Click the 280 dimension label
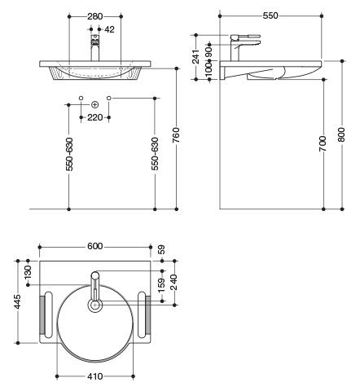pyautogui.click(x=94, y=16)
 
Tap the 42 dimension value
pyautogui.click(x=109, y=29)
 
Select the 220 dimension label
pyautogui.click(x=94, y=117)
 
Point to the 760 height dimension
pyautogui.click(x=176, y=135)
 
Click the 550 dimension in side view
pyautogui.click(x=270, y=15)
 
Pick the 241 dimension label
pyautogui.click(x=195, y=56)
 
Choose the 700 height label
pyautogui.click(x=323, y=143)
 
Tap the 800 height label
pyautogui.click(x=341, y=134)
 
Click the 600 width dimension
pyautogui.click(x=95, y=246)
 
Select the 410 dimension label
pyautogui.click(x=95, y=376)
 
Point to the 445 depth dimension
pyautogui.click(x=17, y=301)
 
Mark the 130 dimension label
pyautogui.click(x=28, y=272)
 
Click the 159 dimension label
pyautogui.click(x=161, y=285)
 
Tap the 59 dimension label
pyautogui.click(x=161, y=249)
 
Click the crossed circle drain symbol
pyautogui.click(x=94, y=104)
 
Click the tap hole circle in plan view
pyautogui.click(x=94, y=305)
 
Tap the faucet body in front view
pyautogui.click(x=94, y=48)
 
